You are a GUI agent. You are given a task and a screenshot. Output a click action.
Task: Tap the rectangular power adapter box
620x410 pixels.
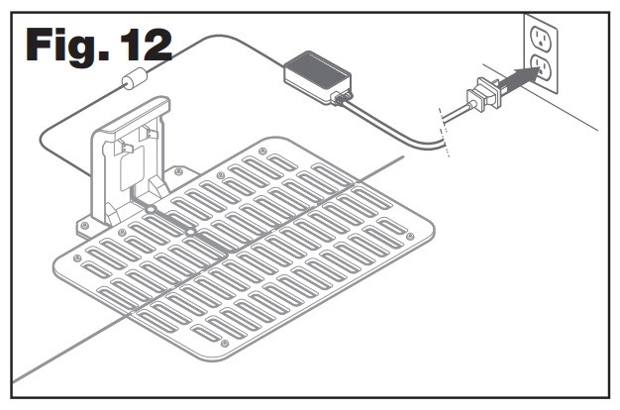[316, 73]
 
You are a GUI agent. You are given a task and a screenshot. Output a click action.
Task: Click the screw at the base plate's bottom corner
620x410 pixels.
[224, 345]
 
